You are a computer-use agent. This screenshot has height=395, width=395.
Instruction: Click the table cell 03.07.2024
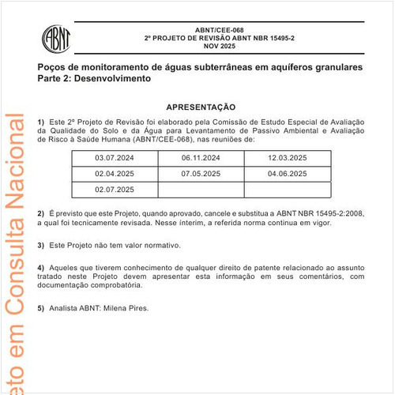(115, 158)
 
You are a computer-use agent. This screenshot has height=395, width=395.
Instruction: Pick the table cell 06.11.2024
(201, 158)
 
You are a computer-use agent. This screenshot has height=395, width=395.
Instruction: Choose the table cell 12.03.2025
(287, 158)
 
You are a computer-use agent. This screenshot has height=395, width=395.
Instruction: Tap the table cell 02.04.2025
(115, 173)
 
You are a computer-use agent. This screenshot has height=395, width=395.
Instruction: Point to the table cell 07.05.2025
(201, 173)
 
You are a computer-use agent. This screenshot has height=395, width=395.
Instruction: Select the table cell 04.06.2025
(287, 173)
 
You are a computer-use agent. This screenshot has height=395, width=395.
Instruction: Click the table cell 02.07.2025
(115, 189)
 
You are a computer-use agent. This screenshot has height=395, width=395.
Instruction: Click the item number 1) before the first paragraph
(41, 121)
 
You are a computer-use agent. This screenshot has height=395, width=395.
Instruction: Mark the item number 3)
(41, 246)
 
